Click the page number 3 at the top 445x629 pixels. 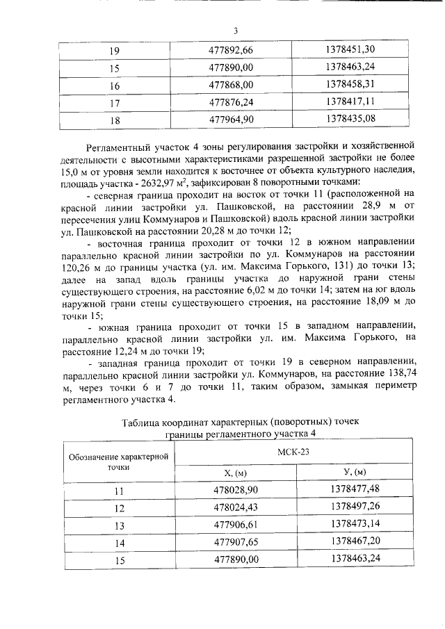coord(235,30)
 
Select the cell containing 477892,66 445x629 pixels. coord(236,50)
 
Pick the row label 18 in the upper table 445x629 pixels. coord(115,120)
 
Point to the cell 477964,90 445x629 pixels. coord(236,119)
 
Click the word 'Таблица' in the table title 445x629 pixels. coord(142,422)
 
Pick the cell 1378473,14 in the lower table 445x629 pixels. coord(355,524)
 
